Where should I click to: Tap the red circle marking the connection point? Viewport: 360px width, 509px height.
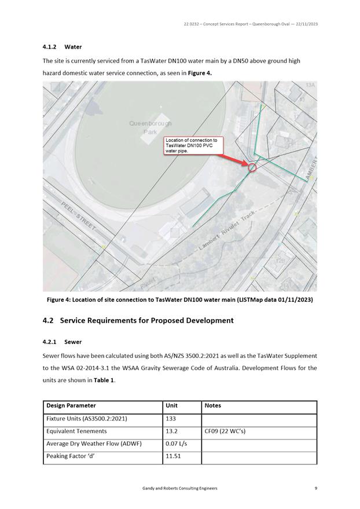[x=252, y=167]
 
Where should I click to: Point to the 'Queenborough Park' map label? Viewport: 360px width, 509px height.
[x=150, y=127]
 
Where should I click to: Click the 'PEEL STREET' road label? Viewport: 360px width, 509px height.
[x=79, y=217]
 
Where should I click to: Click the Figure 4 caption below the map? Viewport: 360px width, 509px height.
[x=179, y=299]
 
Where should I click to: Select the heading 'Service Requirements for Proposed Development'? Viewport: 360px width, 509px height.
[x=146, y=320]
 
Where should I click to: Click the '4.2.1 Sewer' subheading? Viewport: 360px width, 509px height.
[x=63, y=342]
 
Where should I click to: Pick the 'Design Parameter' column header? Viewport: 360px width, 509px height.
[x=71, y=406]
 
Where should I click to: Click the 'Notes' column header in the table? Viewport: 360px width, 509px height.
[x=213, y=406]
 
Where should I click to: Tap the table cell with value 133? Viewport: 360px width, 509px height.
[x=171, y=419]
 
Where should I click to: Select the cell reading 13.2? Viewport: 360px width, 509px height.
[x=172, y=431]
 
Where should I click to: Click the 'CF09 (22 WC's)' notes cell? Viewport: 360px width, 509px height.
[x=225, y=431]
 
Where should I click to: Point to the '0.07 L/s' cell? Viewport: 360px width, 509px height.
[x=176, y=444]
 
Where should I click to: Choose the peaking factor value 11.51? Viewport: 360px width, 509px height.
[x=174, y=457]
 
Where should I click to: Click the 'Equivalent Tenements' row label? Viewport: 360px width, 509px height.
[x=76, y=431]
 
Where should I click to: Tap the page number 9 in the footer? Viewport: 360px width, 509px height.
[x=315, y=489]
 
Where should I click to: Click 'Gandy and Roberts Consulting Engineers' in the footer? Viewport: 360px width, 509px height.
[x=179, y=489]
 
